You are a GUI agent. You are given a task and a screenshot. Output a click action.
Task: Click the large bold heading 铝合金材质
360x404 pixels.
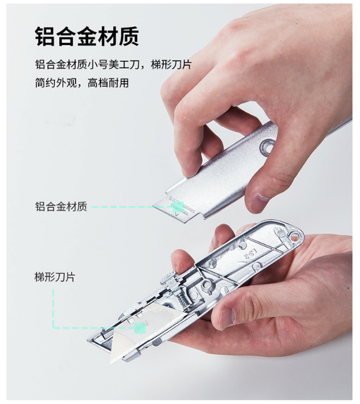click(x=87, y=36)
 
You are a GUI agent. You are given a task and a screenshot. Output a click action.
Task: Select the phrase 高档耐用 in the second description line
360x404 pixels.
click(x=108, y=83)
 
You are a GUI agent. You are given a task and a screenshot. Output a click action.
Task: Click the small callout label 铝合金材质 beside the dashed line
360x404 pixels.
click(x=61, y=207)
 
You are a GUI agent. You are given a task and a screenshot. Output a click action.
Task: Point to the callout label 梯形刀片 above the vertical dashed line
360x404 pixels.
click(x=55, y=277)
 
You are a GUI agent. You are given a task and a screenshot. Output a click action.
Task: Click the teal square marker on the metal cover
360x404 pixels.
click(x=178, y=207)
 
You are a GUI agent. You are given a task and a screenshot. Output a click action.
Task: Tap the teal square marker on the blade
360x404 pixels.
click(x=140, y=328)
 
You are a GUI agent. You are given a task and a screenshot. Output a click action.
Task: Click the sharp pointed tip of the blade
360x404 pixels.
click(x=111, y=364)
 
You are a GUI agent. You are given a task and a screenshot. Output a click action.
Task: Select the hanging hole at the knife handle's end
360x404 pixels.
click(x=294, y=236)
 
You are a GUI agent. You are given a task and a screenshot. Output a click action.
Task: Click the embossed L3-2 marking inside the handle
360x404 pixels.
click(x=250, y=254)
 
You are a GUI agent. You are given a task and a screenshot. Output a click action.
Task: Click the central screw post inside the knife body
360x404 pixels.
click(x=207, y=285)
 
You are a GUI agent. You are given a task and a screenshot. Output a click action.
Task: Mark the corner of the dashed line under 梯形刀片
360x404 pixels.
click(x=54, y=328)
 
